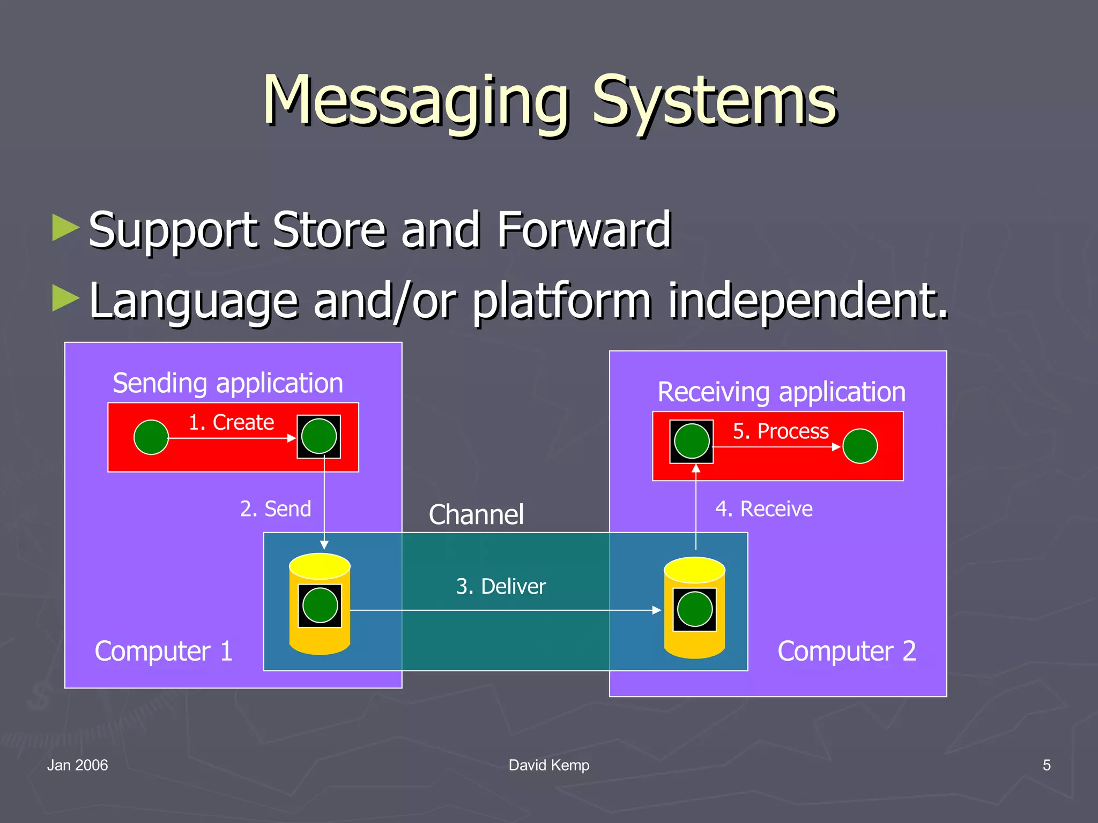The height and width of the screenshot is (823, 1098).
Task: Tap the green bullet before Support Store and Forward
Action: (65, 227)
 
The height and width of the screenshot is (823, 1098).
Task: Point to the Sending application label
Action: (228, 383)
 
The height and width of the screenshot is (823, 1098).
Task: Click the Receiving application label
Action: (781, 392)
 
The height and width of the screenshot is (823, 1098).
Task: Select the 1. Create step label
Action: (231, 422)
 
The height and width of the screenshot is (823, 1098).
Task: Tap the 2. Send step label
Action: (275, 508)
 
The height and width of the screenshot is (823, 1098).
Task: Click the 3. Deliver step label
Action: (501, 586)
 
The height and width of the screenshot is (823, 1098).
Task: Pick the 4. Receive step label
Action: (763, 508)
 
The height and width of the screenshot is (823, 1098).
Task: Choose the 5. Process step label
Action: (780, 431)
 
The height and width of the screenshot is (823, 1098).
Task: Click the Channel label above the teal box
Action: (476, 515)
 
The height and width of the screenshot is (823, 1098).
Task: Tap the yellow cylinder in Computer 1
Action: (320, 604)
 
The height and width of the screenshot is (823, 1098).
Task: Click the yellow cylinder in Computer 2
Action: (694, 608)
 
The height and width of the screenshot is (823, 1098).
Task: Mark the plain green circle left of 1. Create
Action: (151, 437)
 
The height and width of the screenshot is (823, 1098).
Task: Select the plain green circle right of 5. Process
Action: (860, 446)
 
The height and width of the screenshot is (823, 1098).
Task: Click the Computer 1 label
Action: (164, 652)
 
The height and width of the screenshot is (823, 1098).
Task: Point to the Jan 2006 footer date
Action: (77, 765)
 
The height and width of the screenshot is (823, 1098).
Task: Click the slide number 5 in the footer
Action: (1047, 765)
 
